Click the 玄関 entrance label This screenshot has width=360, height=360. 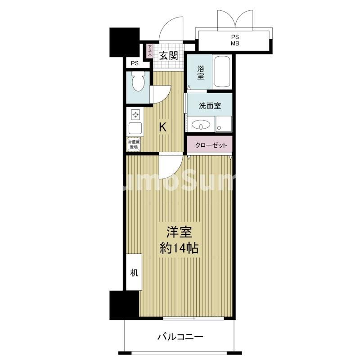pos(168,56)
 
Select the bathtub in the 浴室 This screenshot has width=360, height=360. pos(222,72)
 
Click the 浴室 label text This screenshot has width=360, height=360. pos(201,72)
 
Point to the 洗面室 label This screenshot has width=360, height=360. pos(210,106)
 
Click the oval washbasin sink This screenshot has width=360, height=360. pos(200,124)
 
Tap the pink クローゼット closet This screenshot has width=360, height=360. pos(210,145)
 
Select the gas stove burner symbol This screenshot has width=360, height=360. pos(134,114)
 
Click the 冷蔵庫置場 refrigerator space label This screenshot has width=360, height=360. pos(134,144)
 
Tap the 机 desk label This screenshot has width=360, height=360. pos(134,273)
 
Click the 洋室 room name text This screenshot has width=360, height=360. pos(180,233)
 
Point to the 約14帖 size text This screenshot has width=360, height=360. pos(180,248)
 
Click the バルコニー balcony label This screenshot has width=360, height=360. pos(180,336)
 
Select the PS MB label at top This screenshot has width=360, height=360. pos(235,40)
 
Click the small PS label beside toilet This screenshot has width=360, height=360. pos(135,63)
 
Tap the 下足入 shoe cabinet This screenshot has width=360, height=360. pos(149,51)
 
